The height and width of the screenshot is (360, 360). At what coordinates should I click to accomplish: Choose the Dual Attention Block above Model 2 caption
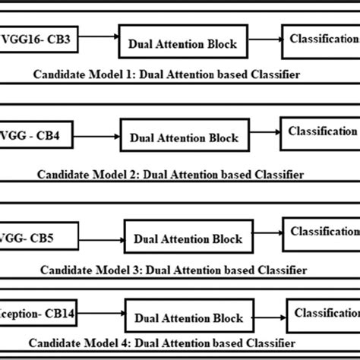pos(184,138)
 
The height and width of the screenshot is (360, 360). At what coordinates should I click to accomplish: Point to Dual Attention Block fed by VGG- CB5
pos(189,238)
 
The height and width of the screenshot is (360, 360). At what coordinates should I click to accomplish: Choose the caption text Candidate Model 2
pos(171,174)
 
